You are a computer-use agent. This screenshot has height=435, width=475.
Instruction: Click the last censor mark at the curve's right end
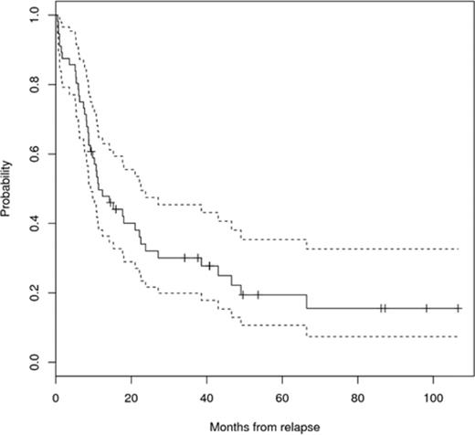pos(458,309)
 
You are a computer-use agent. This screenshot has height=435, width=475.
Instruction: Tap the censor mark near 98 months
pos(426,309)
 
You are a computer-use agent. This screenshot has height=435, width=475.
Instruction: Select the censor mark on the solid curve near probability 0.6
pos(91,150)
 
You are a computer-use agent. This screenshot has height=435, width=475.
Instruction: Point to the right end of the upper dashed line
pos(458,249)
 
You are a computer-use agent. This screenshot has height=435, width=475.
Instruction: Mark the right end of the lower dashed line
pos(458,336)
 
